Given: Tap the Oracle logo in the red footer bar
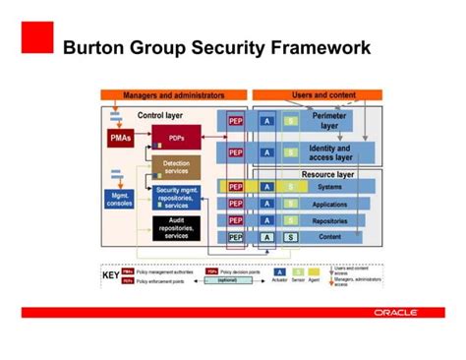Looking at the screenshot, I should [395, 312].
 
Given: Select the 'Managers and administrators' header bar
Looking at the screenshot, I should [172, 95].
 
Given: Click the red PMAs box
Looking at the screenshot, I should [120, 139].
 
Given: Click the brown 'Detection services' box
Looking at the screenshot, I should [176, 167].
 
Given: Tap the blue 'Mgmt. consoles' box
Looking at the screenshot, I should [119, 199].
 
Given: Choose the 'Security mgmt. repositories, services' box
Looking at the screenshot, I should [178, 197].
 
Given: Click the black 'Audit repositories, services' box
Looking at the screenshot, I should [177, 228].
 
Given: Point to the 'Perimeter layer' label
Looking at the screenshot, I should [329, 121].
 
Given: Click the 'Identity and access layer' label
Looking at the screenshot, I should [329, 151].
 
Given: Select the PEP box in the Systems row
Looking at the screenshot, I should [236, 186].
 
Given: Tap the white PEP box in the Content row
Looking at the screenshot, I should [236, 237].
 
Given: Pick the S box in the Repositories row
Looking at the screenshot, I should [290, 220].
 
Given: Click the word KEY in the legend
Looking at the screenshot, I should [111, 275].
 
